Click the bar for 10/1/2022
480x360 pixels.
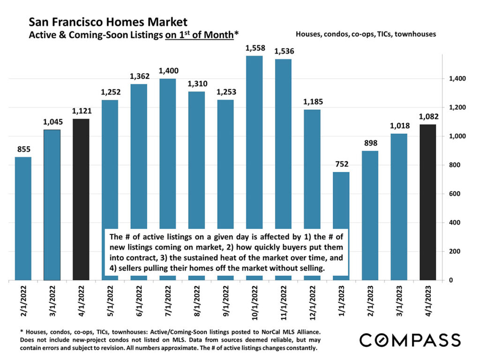254,141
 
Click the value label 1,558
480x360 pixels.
254,48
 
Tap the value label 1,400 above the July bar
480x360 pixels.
167,71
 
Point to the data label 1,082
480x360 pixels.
427,117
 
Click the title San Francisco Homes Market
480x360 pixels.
108,22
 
